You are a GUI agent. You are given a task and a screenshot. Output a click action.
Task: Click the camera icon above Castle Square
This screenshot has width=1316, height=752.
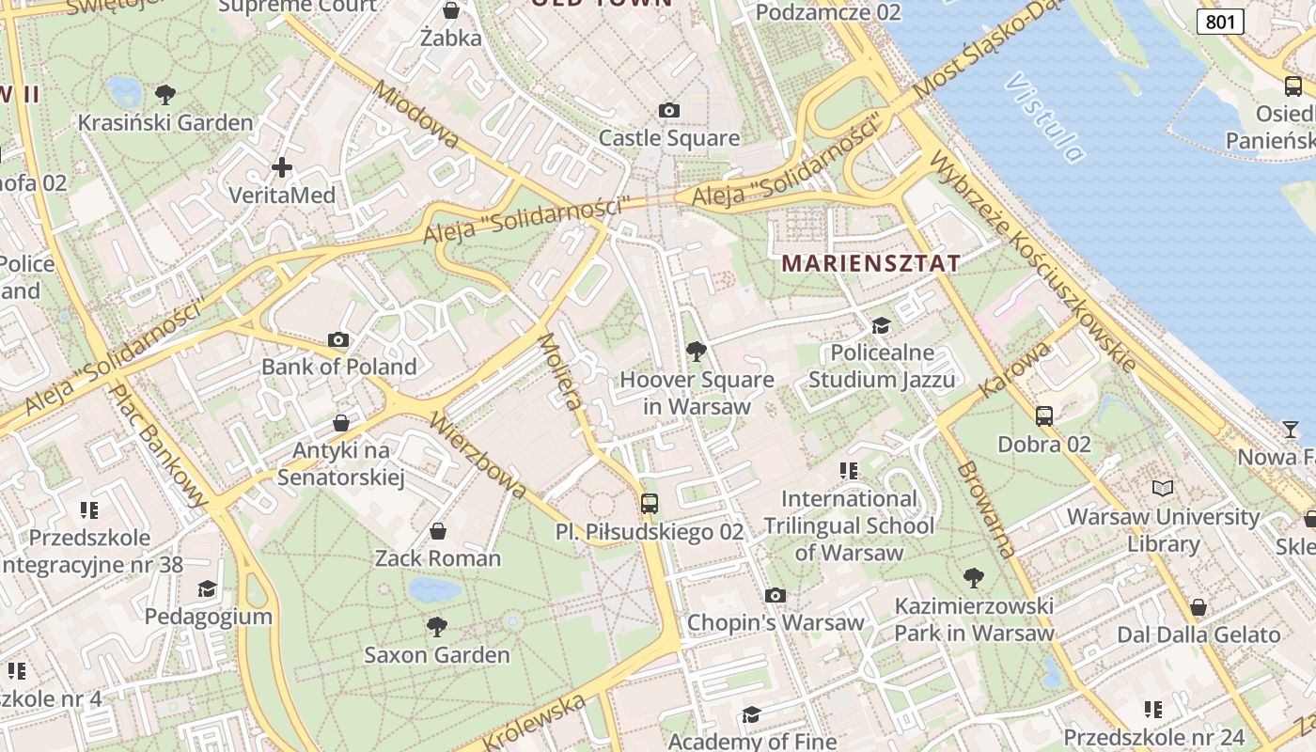[668, 111]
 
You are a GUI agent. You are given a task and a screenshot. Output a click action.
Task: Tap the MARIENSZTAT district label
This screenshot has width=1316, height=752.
[870, 263]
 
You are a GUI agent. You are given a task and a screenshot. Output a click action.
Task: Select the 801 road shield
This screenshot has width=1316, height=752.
[1220, 22]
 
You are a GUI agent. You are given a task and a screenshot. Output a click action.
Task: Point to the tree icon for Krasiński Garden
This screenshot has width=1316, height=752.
[165, 95]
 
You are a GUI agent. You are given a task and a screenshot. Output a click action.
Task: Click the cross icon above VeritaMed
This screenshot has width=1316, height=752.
[281, 168]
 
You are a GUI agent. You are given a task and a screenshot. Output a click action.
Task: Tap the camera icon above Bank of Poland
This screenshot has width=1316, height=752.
[338, 339]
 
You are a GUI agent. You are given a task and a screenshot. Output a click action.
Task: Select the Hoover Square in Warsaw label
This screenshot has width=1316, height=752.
[697, 393]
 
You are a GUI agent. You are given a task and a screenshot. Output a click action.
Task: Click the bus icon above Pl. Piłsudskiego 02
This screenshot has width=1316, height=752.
[649, 503]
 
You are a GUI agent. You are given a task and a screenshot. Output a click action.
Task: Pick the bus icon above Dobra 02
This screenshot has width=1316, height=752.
[1043, 415]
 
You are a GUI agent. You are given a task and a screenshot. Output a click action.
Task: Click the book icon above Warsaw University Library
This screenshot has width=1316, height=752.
[1163, 489]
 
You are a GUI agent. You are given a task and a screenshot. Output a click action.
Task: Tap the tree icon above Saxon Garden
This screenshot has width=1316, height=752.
[436, 626]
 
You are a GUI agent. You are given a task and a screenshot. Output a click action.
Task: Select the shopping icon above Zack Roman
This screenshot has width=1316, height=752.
[437, 531]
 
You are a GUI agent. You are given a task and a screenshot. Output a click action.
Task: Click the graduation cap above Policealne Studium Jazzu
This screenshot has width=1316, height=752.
[881, 325]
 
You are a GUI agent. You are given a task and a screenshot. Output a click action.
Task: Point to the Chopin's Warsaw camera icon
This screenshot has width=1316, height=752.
[775, 595]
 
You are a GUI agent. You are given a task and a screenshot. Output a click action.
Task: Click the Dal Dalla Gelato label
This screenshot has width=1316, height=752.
[1198, 635]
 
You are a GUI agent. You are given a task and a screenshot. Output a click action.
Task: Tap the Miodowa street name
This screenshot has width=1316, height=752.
[416, 116]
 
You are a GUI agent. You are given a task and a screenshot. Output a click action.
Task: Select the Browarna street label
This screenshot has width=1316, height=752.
[987, 509]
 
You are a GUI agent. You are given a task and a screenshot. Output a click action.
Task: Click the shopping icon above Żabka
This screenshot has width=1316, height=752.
[451, 11]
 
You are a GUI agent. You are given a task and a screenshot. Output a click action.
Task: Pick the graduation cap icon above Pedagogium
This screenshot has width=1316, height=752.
[207, 589]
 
